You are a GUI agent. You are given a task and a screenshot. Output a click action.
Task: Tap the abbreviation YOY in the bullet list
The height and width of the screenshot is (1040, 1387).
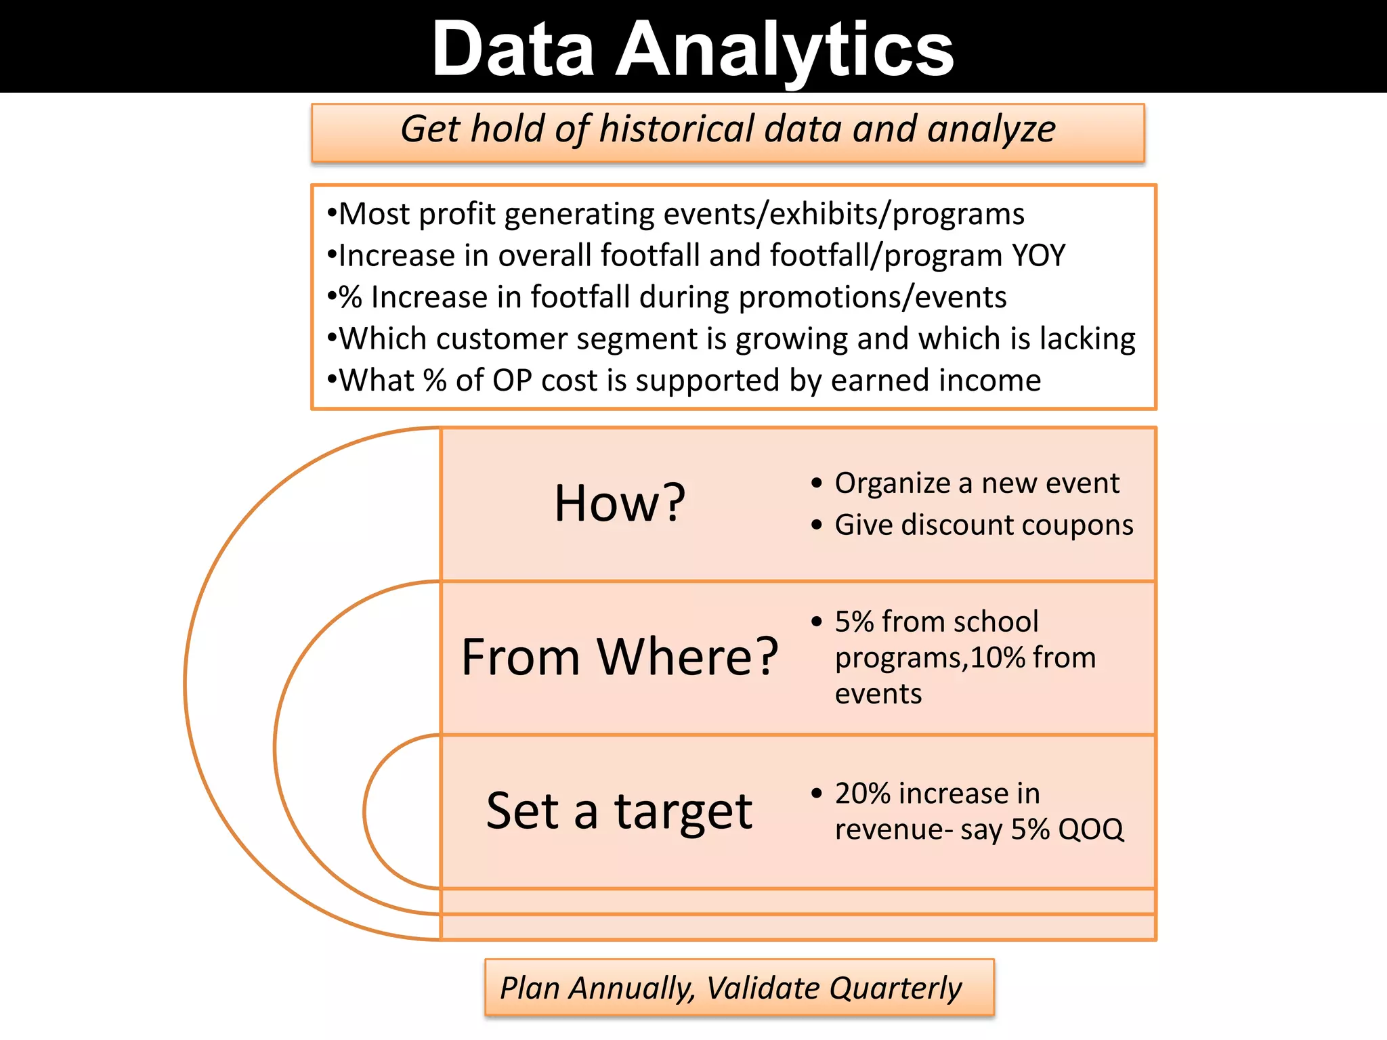click(x=1039, y=256)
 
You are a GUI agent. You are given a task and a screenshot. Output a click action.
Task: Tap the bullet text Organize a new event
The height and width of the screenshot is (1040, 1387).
click(x=977, y=483)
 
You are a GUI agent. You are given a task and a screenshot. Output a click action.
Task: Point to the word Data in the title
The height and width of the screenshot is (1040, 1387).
click(x=513, y=49)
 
